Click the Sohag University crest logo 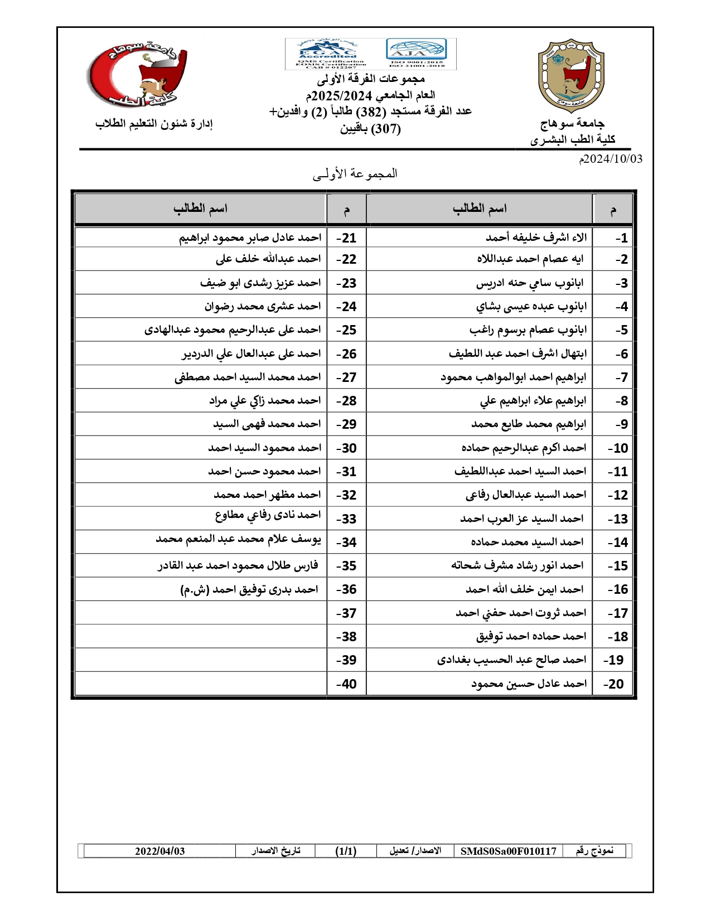571,76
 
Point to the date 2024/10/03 611,159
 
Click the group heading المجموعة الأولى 355,174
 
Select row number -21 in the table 346,238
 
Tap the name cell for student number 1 536,238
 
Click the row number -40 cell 346,684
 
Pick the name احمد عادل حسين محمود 529,684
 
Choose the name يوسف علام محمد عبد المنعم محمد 238,539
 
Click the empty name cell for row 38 201,636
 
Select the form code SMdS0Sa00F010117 508,851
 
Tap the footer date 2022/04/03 159,851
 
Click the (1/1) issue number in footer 346,851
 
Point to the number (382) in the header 371,112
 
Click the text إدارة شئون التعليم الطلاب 154,124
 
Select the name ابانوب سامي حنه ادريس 530,283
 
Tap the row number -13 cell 618,519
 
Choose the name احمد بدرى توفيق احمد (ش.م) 249,589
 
